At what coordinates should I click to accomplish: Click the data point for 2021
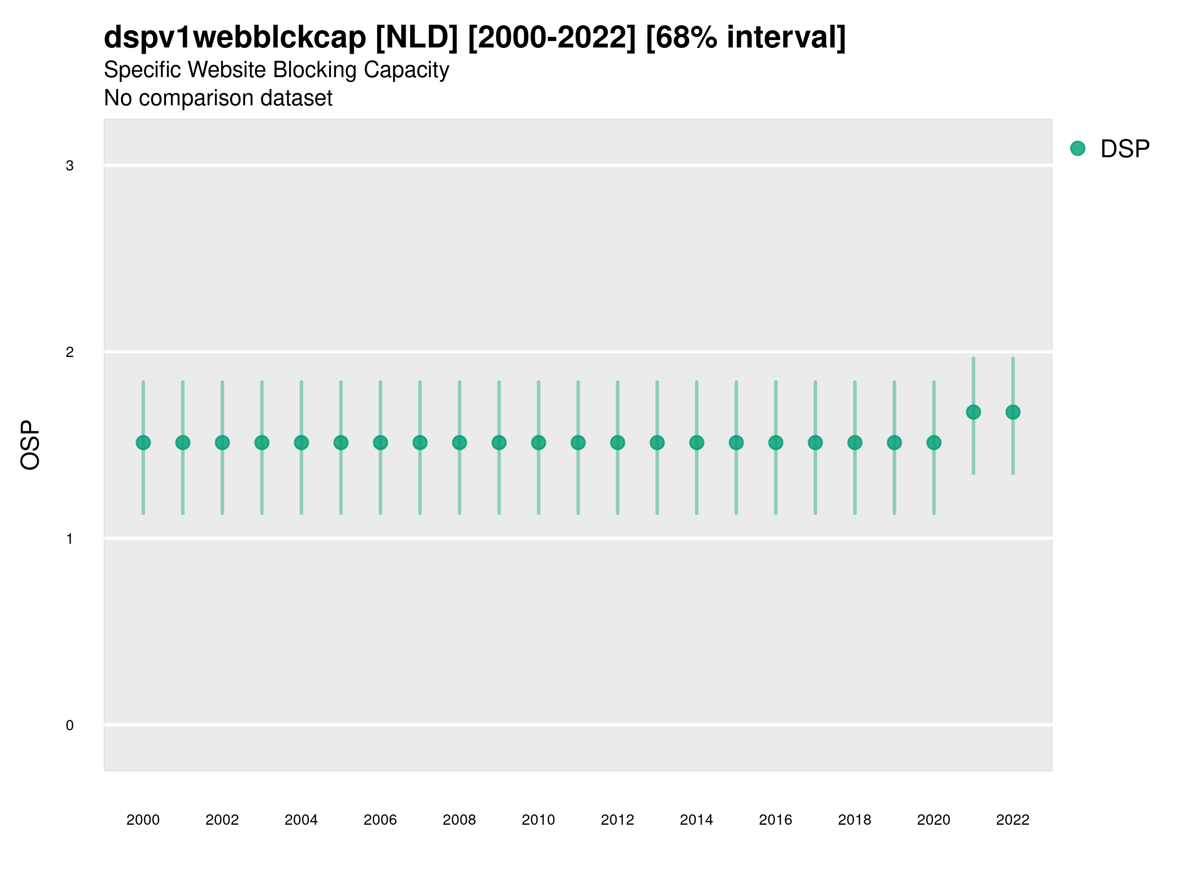coord(973,412)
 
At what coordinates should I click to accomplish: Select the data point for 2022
coord(1013,412)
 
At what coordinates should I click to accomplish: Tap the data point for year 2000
coord(143,443)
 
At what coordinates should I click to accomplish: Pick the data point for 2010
coord(538,443)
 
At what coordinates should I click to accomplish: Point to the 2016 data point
coord(776,443)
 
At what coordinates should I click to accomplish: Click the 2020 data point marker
coord(934,443)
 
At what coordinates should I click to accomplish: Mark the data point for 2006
coord(380,443)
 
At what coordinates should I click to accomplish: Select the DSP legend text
coord(1125,149)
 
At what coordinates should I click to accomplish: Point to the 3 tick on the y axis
coord(70,166)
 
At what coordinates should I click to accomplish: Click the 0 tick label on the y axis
coord(70,725)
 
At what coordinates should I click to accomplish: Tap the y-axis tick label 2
coord(70,352)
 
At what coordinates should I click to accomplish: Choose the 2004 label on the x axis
coord(301,820)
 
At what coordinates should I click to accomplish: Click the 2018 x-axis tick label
coord(854,820)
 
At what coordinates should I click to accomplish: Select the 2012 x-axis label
coord(617,820)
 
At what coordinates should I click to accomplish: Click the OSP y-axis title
coord(30,445)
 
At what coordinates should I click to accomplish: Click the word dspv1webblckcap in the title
coord(235,37)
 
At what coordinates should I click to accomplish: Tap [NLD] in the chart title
coord(417,37)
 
